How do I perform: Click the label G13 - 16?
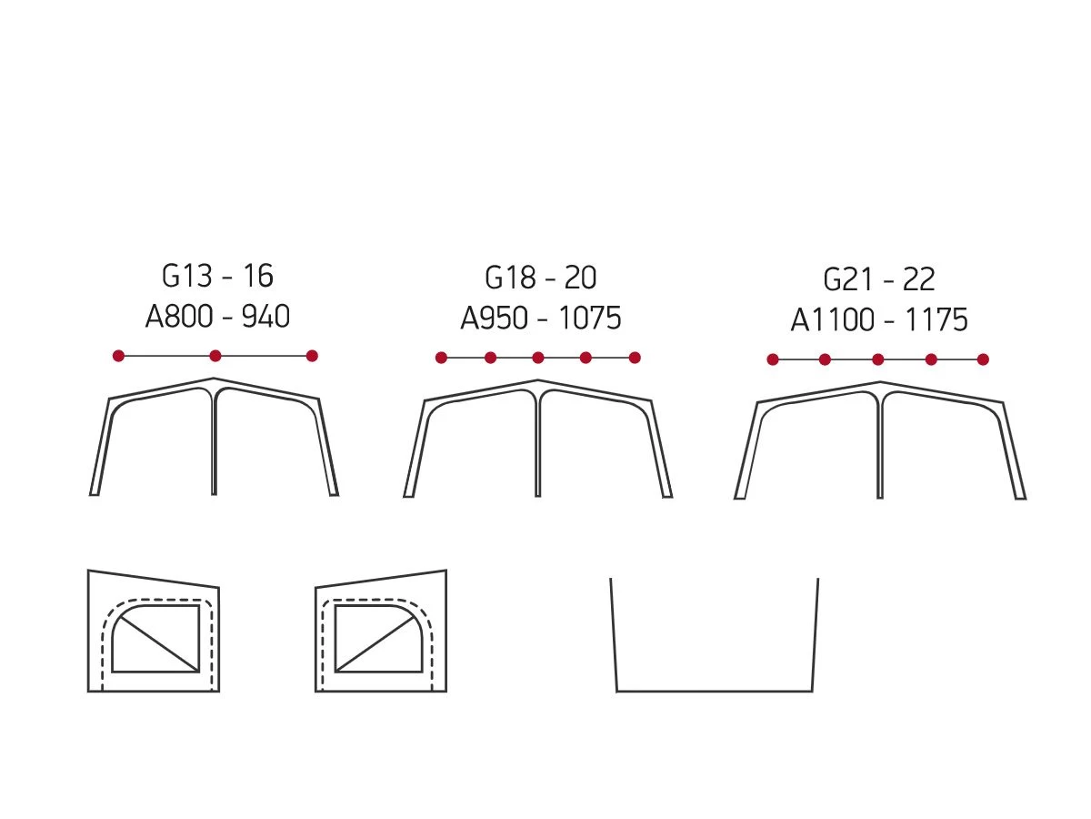point(217,276)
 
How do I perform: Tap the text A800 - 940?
point(217,317)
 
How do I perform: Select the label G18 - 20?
point(540,278)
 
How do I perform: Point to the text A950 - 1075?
point(540,318)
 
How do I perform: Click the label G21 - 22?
point(879,279)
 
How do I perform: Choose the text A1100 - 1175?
point(879,319)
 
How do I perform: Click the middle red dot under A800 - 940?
point(215,356)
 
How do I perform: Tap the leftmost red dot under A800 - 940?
point(118,356)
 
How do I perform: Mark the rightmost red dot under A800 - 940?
point(312,356)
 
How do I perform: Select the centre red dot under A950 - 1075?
point(538,358)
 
